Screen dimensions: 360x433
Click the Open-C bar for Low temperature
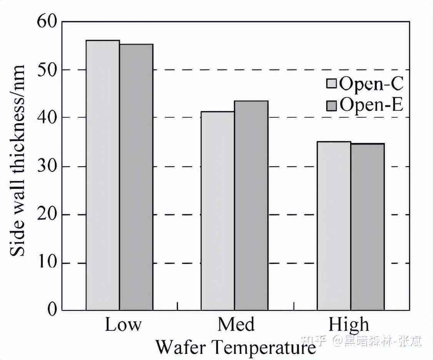click(x=103, y=175)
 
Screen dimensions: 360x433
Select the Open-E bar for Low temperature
click(x=136, y=177)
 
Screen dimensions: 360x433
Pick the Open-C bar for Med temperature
click(x=218, y=211)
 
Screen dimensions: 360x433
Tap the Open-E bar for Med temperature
click(x=251, y=205)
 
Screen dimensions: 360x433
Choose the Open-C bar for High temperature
click(x=334, y=226)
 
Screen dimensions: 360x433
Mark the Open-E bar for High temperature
click(x=367, y=227)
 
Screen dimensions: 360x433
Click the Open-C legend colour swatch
click(x=331, y=83)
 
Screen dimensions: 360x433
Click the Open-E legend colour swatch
click(x=331, y=105)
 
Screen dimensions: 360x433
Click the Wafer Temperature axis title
click(x=235, y=347)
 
